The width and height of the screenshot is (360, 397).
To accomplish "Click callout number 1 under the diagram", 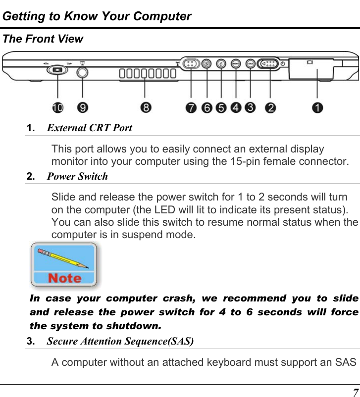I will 317,107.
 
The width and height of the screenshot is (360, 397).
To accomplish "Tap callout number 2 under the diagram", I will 270,107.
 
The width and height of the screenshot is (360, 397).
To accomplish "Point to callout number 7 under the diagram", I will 191,107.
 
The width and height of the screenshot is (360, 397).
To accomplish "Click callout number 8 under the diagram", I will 145,107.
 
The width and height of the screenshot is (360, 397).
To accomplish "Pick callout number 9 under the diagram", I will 82,107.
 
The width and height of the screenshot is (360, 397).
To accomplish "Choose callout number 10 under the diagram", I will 58,107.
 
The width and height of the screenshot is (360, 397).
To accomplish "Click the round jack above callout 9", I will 82,71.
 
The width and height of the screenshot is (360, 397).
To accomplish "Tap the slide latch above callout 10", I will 58,70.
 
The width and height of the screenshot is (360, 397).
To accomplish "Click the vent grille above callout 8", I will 147,74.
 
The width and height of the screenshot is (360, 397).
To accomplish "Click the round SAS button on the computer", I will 251,64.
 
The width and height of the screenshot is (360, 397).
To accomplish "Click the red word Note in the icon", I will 64,278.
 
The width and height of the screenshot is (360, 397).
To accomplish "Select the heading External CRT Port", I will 89,128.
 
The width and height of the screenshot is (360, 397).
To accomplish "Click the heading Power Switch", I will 77,176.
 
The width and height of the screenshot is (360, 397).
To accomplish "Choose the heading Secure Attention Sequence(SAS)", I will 120,341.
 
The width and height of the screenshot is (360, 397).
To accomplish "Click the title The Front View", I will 43,39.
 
